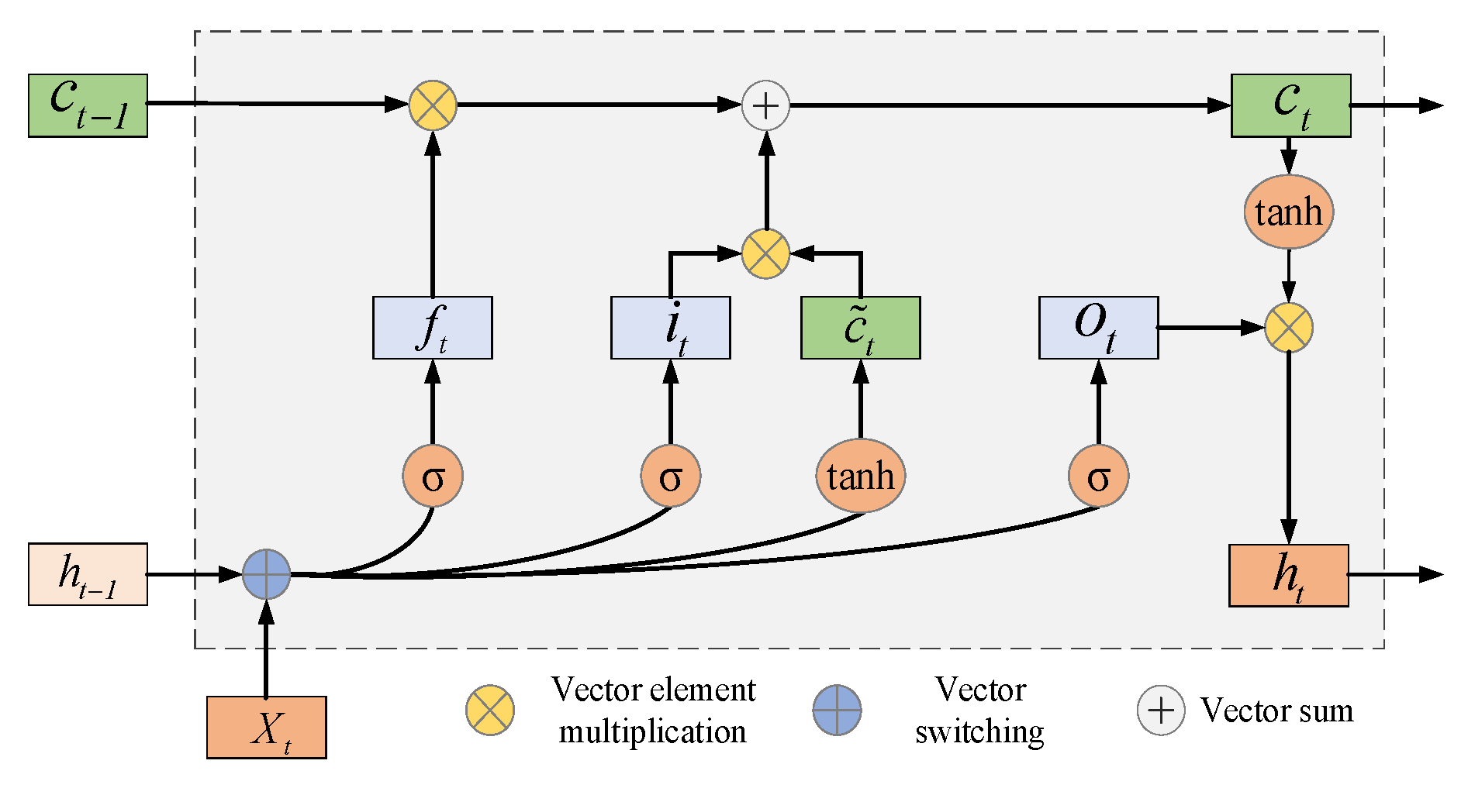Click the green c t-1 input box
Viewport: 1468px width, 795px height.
point(88,105)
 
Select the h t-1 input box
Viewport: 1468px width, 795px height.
point(88,574)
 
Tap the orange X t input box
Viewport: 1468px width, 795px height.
point(266,727)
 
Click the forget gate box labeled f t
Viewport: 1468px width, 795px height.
point(432,328)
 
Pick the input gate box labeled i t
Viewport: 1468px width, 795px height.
point(670,328)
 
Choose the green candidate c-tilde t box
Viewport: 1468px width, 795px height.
point(860,328)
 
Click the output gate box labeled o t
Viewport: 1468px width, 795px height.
point(1098,328)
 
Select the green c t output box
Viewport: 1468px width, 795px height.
point(1290,105)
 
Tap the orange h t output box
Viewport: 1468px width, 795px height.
point(1288,575)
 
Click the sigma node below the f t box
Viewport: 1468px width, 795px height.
point(433,476)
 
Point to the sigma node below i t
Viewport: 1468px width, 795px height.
point(671,476)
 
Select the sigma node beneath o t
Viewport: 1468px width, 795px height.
point(1098,476)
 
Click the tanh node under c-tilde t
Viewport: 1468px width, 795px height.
point(860,476)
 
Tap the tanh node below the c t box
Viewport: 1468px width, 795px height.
point(1288,212)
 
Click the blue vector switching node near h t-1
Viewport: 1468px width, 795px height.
point(266,574)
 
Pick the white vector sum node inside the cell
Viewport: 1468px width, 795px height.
point(765,105)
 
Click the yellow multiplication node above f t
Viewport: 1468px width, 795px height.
point(433,105)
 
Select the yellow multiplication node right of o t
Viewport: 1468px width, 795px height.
point(1288,328)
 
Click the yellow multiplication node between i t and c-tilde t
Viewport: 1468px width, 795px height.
point(765,253)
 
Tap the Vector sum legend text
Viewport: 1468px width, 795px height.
point(1276,710)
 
